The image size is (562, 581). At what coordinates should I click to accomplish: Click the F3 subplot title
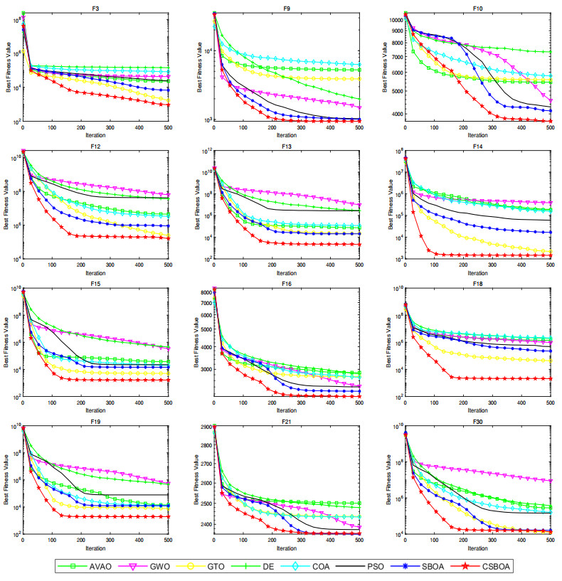click(95, 6)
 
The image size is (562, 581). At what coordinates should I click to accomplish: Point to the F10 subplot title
click(477, 6)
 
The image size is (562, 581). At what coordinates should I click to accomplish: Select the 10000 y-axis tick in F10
click(392, 20)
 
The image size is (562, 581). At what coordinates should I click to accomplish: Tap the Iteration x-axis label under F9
click(286, 135)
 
